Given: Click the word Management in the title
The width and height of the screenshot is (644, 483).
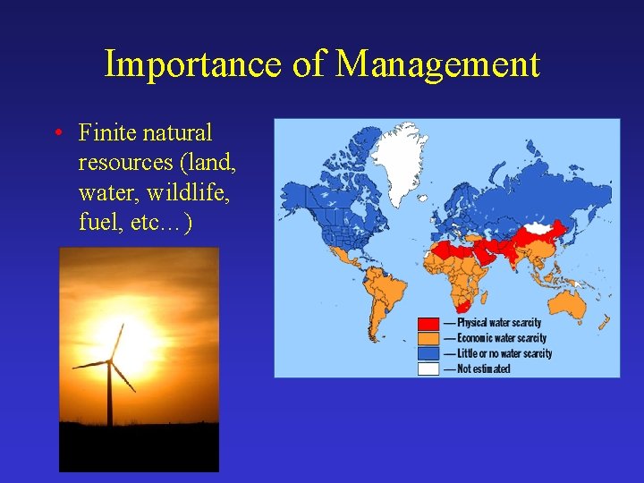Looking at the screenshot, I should point(438,64).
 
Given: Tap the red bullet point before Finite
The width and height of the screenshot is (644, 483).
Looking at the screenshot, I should point(56,134).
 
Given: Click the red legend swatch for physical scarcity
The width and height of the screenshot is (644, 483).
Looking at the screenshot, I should point(429,323).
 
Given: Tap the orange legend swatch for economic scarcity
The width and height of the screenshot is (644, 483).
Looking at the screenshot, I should point(429,338).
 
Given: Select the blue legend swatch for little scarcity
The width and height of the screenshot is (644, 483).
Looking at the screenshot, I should point(429,353).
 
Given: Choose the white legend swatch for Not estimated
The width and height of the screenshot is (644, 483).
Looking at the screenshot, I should point(429,369).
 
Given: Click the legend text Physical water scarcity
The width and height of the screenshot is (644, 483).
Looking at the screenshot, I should point(499,323).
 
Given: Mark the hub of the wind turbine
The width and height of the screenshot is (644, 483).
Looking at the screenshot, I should point(109,361).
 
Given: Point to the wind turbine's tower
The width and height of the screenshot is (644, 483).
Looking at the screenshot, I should point(109,394).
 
